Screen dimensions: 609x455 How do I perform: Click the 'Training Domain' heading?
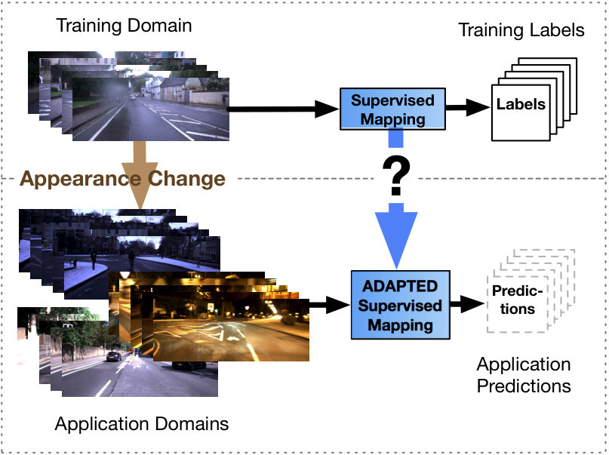pyautogui.click(x=124, y=26)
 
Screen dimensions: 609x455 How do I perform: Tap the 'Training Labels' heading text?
pyautogui.click(x=521, y=30)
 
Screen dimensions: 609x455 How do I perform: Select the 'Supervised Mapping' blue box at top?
pyautogui.click(x=392, y=109)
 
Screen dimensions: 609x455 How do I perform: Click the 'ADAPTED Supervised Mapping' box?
pyautogui.click(x=401, y=305)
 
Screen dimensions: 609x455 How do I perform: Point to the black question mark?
pyautogui.click(x=396, y=176)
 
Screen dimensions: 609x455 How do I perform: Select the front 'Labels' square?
pyautogui.click(x=521, y=112)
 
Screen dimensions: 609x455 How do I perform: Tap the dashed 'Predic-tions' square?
pyautogui.click(x=517, y=304)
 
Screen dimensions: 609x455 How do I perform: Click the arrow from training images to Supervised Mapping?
pyautogui.click(x=283, y=109)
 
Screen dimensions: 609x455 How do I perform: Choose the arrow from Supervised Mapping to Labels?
pyautogui.click(x=468, y=107)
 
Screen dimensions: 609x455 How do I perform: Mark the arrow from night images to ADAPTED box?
pyautogui.click(x=330, y=305)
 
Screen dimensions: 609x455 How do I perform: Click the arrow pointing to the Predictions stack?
pyautogui.click(x=468, y=303)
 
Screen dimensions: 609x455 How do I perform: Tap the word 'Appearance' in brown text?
pyautogui.click(x=81, y=179)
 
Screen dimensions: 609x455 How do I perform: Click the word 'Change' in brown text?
pyautogui.click(x=187, y=179)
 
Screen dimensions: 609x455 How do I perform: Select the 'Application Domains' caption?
pyautogui.click(x=142, y=423)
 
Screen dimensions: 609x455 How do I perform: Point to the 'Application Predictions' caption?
pyautogui.click(x=524, y=375)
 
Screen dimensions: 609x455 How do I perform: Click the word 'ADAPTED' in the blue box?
pyautogui.click(x=400, y=286)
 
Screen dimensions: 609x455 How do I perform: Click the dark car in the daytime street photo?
pyautogui.click(x=113, y=356)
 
